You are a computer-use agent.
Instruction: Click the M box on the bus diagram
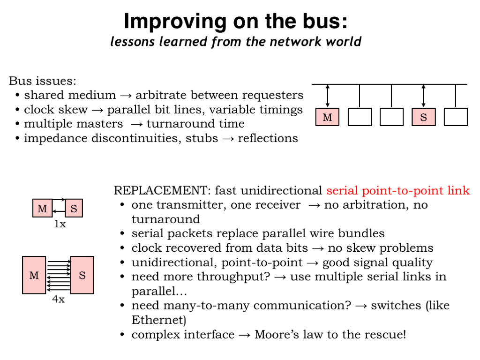coord(327,117)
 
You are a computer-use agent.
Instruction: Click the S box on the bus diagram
coord(424,117)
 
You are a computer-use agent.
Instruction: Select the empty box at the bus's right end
coord(456,117)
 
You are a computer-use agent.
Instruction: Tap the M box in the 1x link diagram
coord(42,208)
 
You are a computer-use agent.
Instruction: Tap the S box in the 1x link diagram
coord(74,208)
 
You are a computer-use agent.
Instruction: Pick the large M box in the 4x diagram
coord(34,275)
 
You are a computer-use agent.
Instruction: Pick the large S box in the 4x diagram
coord(82,275)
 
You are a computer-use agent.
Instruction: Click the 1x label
coord(60,224)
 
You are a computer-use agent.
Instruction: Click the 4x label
coord(59,299)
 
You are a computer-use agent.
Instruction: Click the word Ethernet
coord(159,320)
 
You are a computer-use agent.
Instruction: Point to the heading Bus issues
coord(43,81)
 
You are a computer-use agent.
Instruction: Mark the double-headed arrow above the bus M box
coord(328,96)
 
